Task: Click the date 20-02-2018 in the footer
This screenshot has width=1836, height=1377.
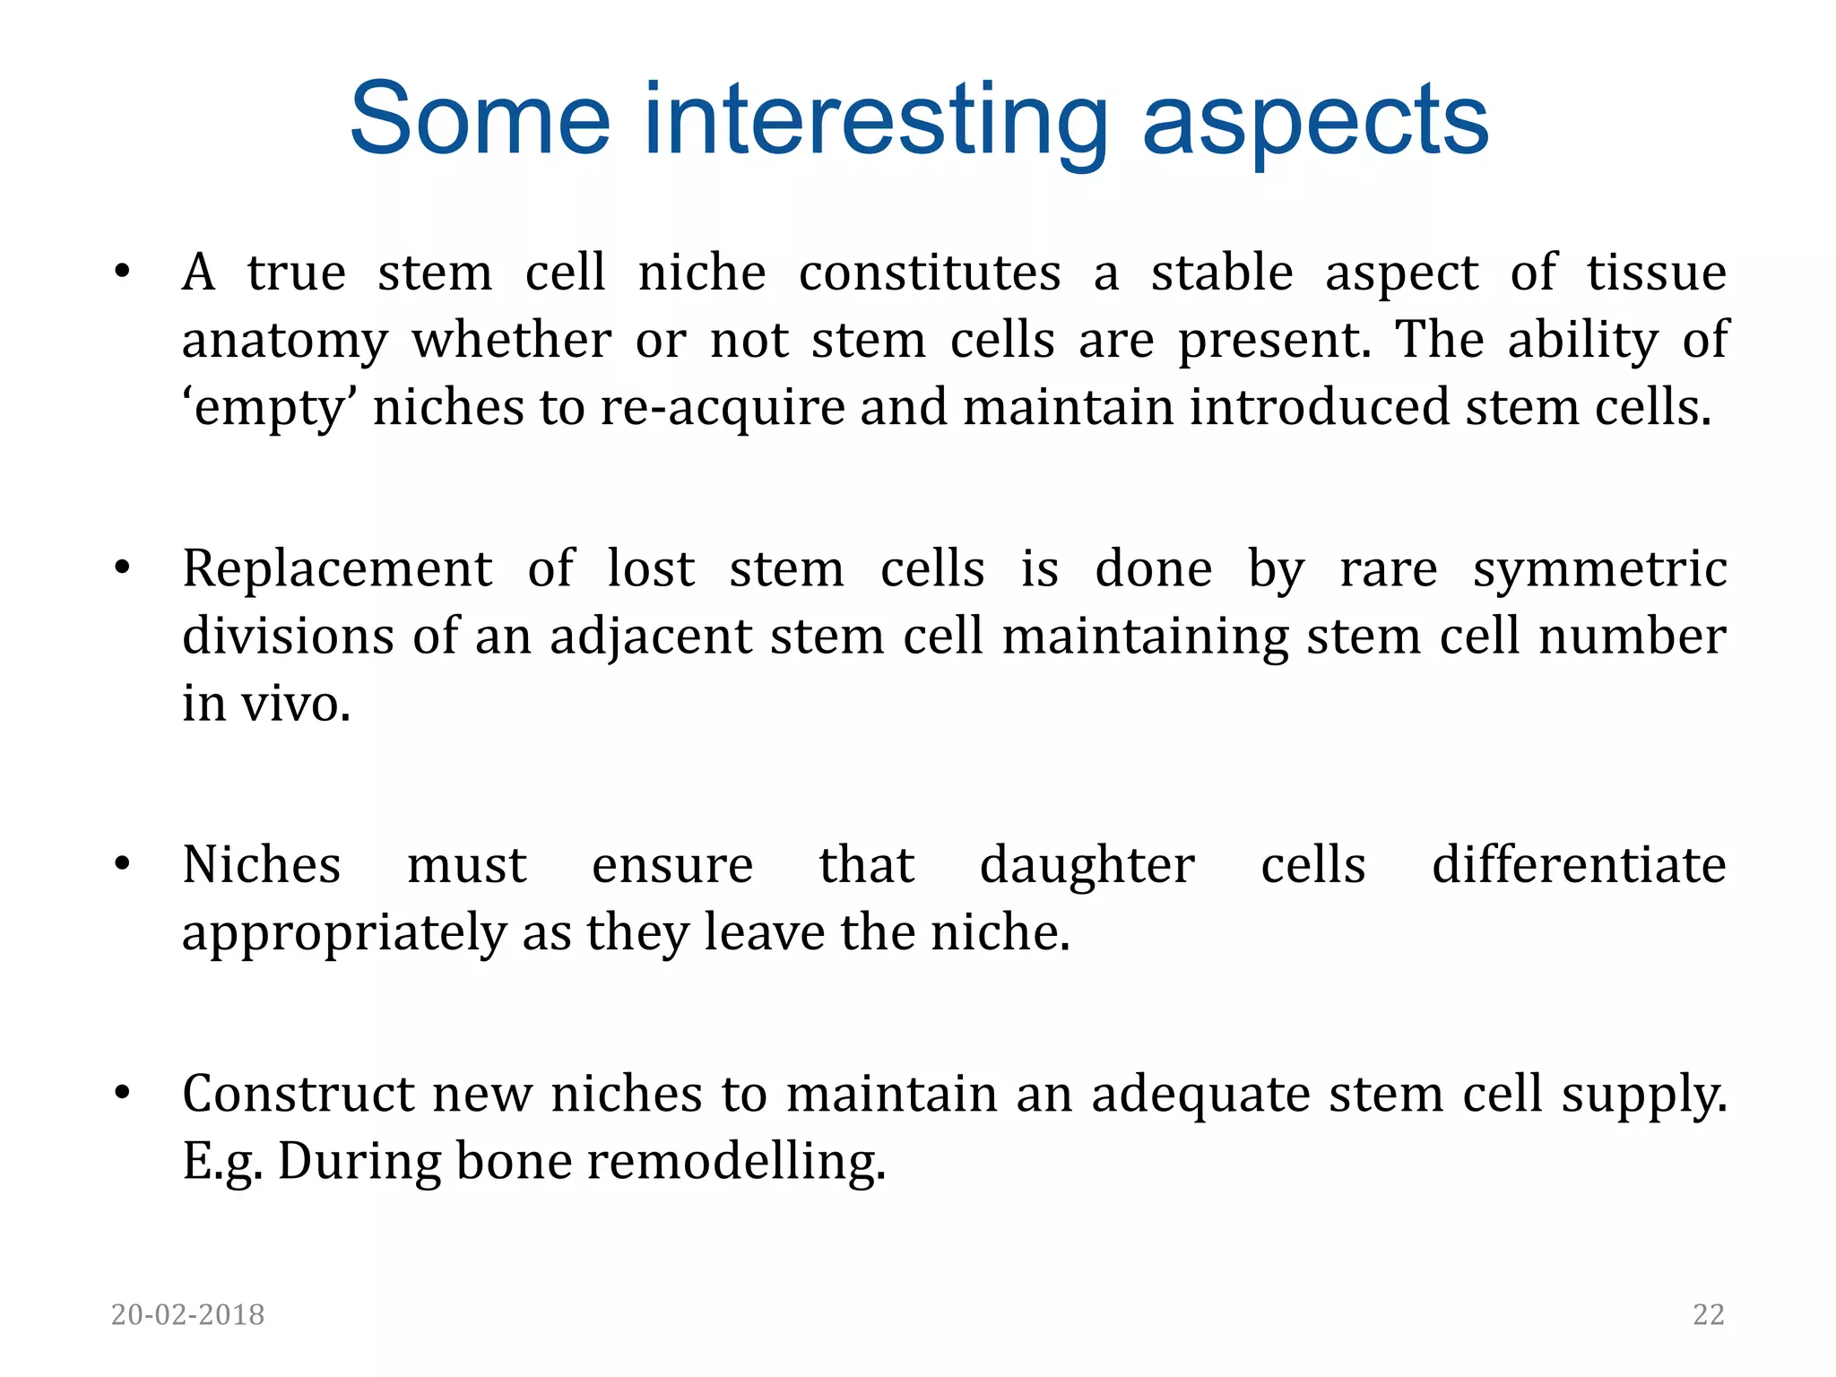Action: (187, 1314)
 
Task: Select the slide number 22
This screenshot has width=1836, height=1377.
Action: (1708, 1314)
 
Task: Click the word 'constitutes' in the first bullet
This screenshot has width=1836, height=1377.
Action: (930, 273)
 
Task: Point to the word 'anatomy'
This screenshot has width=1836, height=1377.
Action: (284, 342)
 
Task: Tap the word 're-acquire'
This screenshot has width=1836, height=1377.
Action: (723, 408)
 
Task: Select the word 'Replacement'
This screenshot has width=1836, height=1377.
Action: (337, 569)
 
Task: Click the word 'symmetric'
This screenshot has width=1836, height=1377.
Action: (1599, 569)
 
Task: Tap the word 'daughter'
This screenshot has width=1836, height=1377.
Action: (1087, 866)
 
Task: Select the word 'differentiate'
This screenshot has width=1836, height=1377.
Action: (1579, 866)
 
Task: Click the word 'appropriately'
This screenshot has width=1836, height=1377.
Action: (344, 934)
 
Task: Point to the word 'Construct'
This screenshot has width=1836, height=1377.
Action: (299, 1095)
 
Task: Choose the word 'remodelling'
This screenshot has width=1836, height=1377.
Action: (736, 1162)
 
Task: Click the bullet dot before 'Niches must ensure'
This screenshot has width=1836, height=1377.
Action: (123, 865)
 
